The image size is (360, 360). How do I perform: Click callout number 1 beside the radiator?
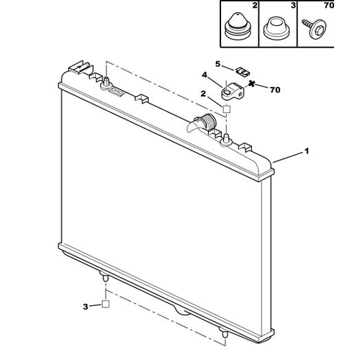[x=307, y=151]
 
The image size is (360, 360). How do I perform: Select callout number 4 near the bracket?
[x=204, y=75]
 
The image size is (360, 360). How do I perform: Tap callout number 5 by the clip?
[x=217, y=64]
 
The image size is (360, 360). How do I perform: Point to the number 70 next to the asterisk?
[x=275, y=90]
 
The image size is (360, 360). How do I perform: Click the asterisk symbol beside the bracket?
[x=251, y=84]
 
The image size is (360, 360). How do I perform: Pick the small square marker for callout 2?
[x=227, y=109]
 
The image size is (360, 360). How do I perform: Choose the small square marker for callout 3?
[x=106, y=304]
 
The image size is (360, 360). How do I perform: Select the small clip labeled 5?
[x=243, y=71]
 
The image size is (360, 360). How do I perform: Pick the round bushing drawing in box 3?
[x=276, y=28]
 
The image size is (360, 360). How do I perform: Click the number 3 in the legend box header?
[x=293, y=5]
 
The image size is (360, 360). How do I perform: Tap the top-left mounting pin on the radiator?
[x=107, y=82]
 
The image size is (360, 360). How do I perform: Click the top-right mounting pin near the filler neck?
[x=225, y=140]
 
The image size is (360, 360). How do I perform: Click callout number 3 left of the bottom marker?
[x=86, y=307]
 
